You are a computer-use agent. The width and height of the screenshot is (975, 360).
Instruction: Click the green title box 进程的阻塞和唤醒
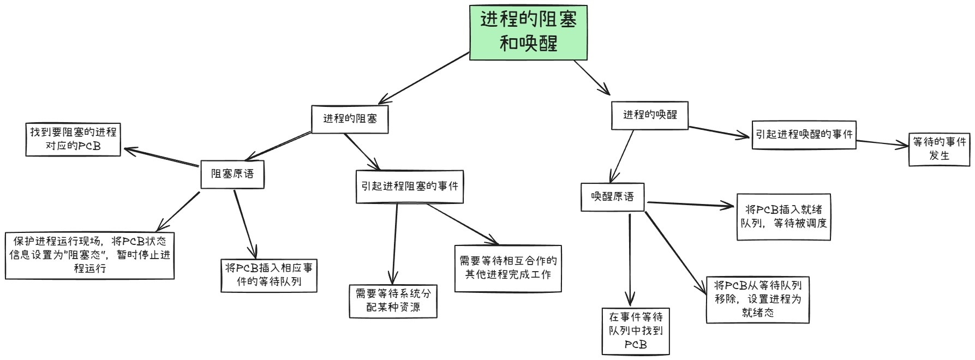tap(528, 33)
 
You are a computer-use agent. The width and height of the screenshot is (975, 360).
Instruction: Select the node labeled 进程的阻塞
tap(350, 119)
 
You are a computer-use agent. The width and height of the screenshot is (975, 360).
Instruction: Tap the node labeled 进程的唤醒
tap(649, 115)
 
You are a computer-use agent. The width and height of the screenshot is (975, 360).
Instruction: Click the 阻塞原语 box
tap(232, 174)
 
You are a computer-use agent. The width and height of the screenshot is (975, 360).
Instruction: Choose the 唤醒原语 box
tap(612, 197)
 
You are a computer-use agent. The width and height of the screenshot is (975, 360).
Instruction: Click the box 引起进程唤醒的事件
tap(804, 134)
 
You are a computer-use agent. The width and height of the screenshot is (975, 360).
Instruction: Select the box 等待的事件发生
tap(939, 149)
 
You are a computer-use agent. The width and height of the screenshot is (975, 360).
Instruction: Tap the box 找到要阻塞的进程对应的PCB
tap(73, 140)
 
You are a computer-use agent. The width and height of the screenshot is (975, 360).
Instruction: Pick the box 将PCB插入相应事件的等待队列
tap(269, 275)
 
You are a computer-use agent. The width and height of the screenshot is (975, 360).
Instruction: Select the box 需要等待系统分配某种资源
tap(393, 301)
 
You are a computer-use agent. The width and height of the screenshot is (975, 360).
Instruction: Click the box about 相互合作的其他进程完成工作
tap(507, 268)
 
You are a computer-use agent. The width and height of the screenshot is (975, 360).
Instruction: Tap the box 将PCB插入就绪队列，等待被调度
tap(783, 217)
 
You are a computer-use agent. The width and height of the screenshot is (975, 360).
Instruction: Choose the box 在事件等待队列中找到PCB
tap(636, 331)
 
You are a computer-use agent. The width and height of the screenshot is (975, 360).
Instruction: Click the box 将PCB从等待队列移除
tap(757, 299)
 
